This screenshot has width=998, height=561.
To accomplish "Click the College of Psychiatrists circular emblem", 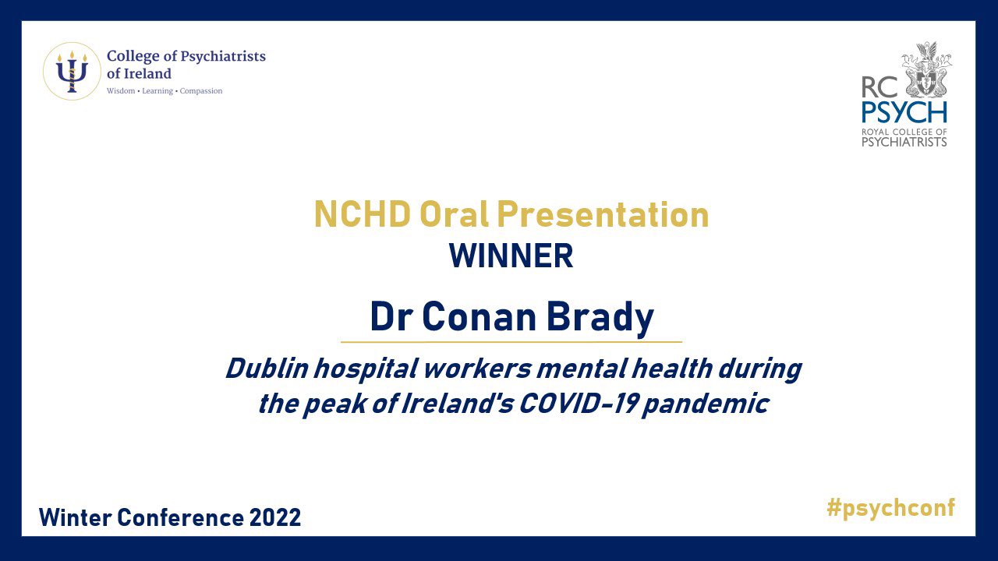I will click(x=72, y=72).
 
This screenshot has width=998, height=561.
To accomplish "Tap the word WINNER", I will click(x=511, y=256).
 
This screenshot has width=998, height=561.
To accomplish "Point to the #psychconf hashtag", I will click(x=890, y=508).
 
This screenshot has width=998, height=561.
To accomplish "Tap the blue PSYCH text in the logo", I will click(x=904, y=111).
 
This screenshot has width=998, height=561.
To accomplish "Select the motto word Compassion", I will click(x=202, y=91).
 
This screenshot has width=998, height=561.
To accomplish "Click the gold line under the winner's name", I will click(x=511, y=342).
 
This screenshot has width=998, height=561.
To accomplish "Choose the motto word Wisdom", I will click(x=120, y=91).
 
